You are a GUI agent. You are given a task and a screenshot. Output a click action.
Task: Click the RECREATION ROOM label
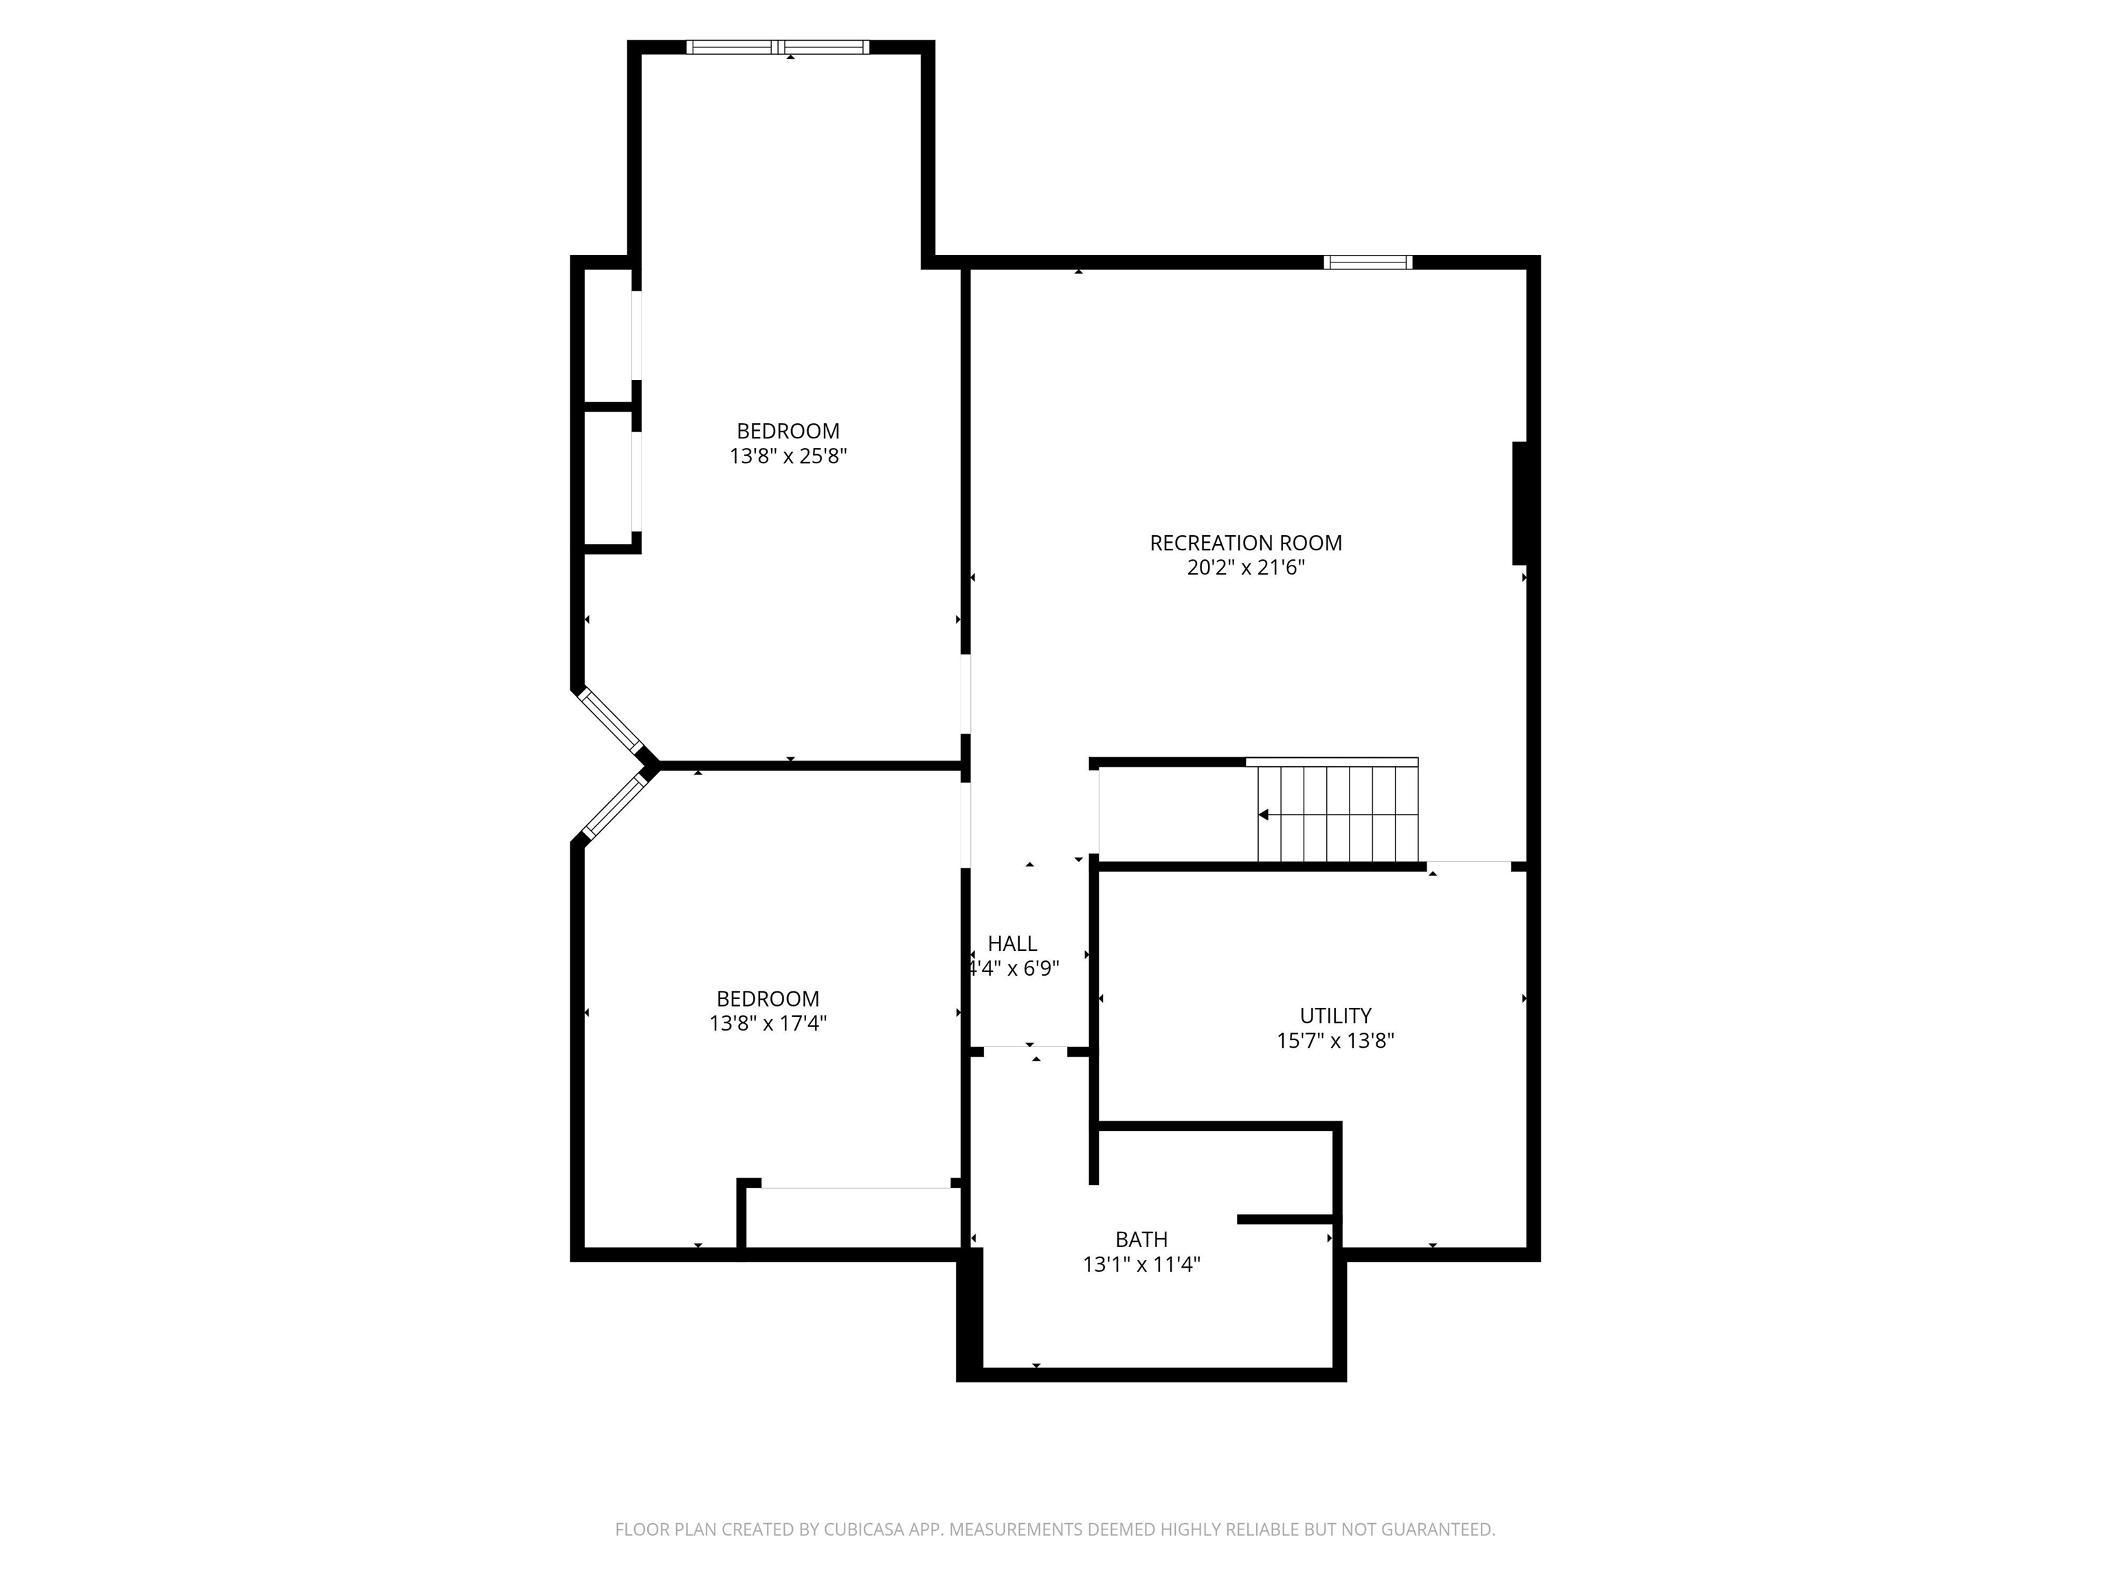(x=1245, y=543)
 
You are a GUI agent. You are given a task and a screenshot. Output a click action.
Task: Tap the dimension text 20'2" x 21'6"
(x=1245, y=568)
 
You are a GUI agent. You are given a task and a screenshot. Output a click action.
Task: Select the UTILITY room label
(x=1335, y=1015)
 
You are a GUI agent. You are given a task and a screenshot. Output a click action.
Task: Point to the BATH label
(x=1141, y=1239)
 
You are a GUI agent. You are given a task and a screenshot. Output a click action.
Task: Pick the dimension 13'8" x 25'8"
(x=788, y=456)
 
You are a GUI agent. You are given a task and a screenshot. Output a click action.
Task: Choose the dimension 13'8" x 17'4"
(x=768, y=1023)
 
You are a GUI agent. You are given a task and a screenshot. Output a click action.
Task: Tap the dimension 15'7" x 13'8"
(x=1335, y=1040)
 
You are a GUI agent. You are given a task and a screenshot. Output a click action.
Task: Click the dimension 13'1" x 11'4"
(x=1141, y=1264)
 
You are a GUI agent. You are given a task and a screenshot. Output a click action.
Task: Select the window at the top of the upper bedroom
(x=778, y=47)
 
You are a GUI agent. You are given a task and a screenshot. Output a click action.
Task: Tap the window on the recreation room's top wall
(x=1367, y=262)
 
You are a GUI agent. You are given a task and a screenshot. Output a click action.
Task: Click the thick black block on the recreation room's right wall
(x=1521, y=503)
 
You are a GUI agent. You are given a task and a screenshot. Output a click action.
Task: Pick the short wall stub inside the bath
(x=1284, y=1220)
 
